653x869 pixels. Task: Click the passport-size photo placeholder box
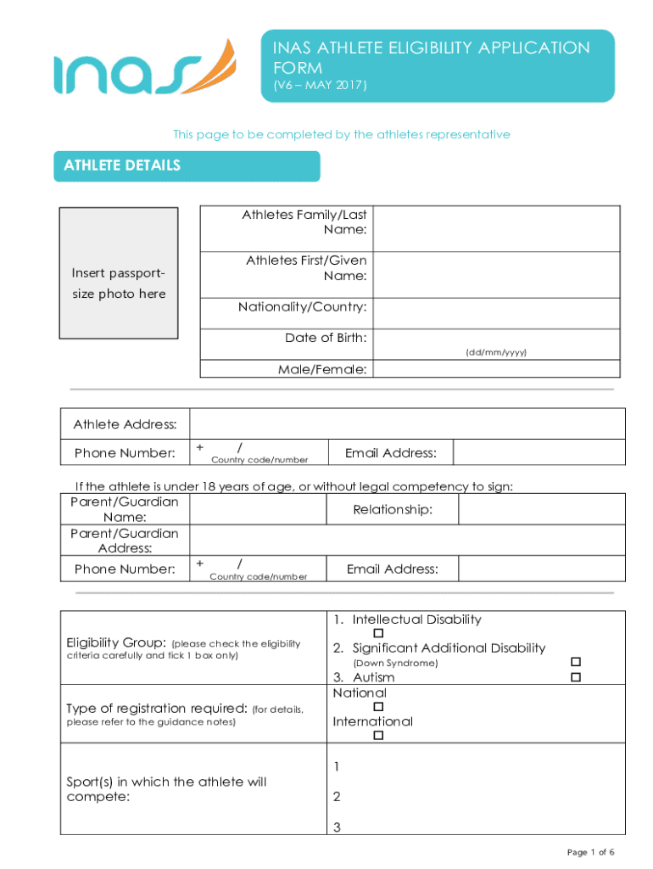point(119,272)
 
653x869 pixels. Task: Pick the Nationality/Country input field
point(496,313)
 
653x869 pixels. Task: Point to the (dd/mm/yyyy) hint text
point(496,351)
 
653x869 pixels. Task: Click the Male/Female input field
point(496,369)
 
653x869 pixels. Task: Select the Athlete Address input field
point(407,423)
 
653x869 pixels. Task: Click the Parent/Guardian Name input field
point(258,509)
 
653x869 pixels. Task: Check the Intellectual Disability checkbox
point(379,634)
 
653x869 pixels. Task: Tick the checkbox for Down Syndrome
point(576,662)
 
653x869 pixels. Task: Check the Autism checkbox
point(576,677)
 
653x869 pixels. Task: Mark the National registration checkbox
point(379,707)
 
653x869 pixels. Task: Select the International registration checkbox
point(379,736)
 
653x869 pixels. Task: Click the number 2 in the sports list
point(337,797)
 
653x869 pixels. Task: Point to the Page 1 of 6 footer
point(590,852)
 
